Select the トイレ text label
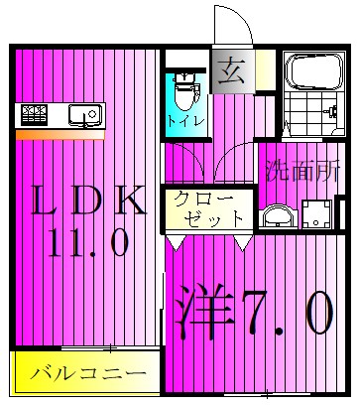pyautogui.click(x=185, y=120)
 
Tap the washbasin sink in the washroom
pyautogui.click(x=277, y=214)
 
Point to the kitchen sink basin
pyautogui.click(x=84, y=115)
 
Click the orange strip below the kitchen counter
pyautogui.click(x=60, y=134)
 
